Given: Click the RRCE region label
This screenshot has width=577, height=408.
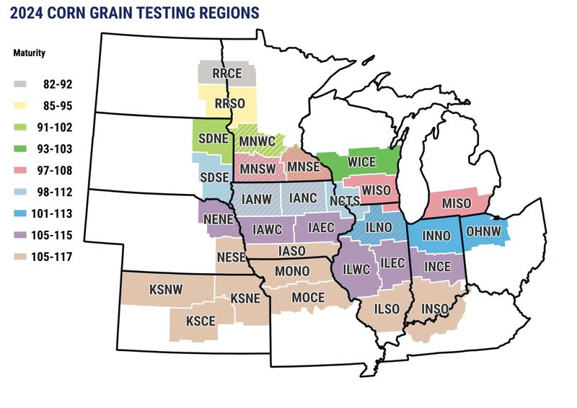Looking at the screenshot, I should [x=226, y=73].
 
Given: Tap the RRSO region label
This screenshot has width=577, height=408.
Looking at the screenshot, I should [x=229, y=104].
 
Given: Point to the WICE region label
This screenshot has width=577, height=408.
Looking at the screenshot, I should [x=362, y=161].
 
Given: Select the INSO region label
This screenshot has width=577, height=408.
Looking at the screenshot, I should [x=435, y=310].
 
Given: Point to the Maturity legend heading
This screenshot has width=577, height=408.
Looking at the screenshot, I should [x=31, y=53].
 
